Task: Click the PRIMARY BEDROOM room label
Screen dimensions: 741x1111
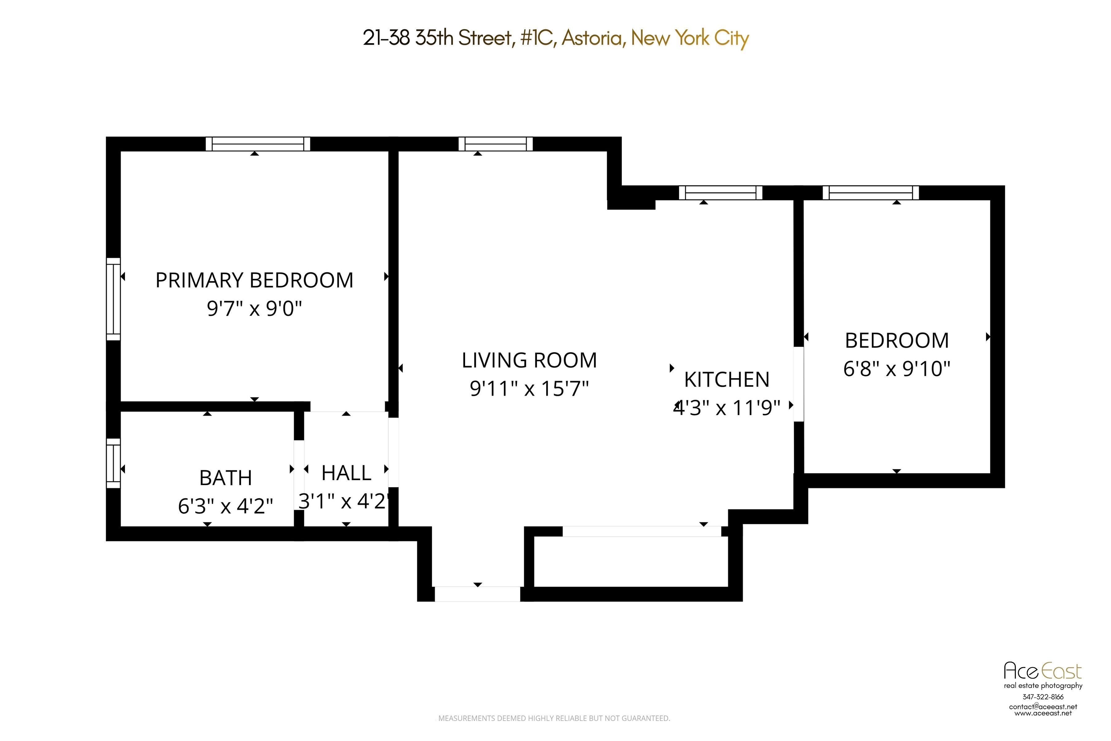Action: point(254,280)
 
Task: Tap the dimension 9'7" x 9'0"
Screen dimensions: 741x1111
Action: point(254,308)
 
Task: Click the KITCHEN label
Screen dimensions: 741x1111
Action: point(726,379)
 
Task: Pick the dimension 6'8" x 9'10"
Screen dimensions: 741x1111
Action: point(897,369)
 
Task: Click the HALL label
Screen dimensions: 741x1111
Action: point(346,473)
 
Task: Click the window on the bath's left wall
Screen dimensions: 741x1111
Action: point(113,463)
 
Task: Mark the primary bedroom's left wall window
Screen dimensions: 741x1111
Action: point(113,299)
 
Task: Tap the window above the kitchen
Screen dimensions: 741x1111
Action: point(720,193)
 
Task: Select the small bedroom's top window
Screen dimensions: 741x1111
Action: point(871,193)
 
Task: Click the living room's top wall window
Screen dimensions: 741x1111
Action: point(496,144)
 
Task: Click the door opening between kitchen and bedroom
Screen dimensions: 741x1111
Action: point(798,384)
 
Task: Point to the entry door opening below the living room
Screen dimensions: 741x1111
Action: point(477,594)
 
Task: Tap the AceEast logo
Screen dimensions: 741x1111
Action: point(1042,671)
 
